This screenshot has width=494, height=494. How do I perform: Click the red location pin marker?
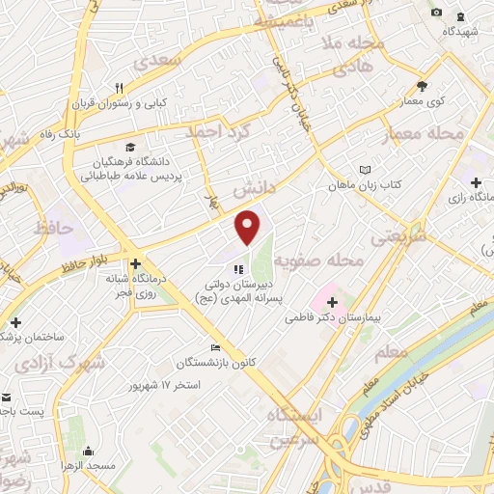tap(249, 226)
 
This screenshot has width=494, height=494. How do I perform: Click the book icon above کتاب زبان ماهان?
tap(364, 170)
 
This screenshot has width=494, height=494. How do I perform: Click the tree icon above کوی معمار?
tap(422, 86)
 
